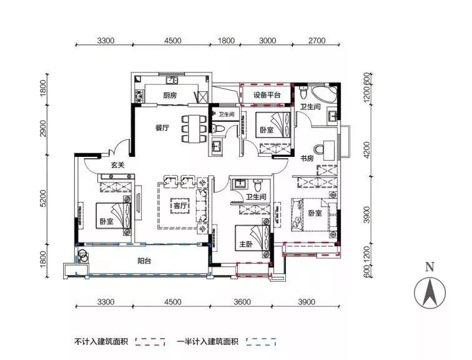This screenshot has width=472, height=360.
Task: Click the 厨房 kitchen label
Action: pyautogui.click(x=170, y=96)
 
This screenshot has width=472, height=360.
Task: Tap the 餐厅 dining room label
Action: pyautogui.click(x=162, y=127)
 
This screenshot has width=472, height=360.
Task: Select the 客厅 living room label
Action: pyautogui.click(x=180, y=206)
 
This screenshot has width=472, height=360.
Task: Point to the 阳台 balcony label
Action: pyautogui.click(x=144, y=261)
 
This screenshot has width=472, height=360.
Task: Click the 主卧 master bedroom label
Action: pyautogui.click(x=245, y=244)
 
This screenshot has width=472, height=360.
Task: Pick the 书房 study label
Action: pyautogui.click(x=307, y=158)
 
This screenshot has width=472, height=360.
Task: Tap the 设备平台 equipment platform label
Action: pyautogui.click(x=267, y=95)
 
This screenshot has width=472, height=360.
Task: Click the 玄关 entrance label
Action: pyautogui.click(x=117, y=165)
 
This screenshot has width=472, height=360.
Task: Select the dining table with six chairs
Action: pyautogui.click(x=194, y=129)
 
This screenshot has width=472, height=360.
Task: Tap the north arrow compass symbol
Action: pyautogui.click(x=430, y=293)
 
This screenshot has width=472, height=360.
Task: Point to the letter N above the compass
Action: pyautogui.click(x=430, y=267)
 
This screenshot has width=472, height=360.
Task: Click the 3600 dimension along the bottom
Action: pyautogui.click(x=242, y=301)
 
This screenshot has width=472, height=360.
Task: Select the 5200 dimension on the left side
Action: pyautogui.click(x=44, y=199)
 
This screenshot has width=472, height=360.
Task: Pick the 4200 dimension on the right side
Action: pyautogui.click(x=366, y=151)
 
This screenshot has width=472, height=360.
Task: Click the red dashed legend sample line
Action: pyautogui.click(x=150, y=342)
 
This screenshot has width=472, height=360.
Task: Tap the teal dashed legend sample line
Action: pyautogui.click(x=261, y=342)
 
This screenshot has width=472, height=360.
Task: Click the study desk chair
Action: pyautogui.click(x=318, y=149)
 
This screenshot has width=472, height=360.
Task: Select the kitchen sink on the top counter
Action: pyautogui.click(x=172, y=80)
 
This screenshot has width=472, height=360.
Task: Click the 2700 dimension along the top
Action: pyautogui.click(x=317, y=41)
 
